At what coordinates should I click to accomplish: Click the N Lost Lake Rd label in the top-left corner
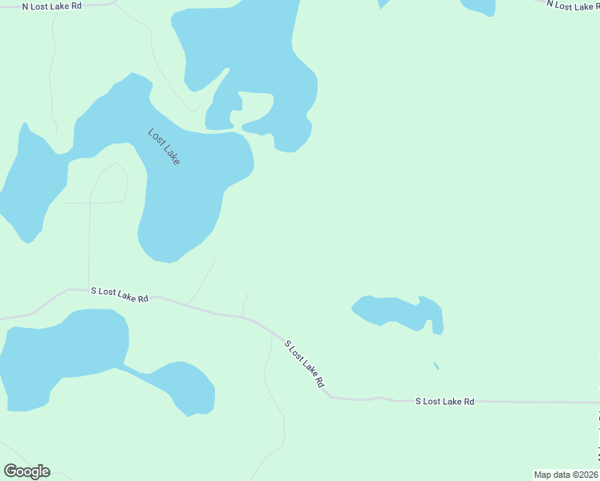pyautogui.click(x=51, y=6)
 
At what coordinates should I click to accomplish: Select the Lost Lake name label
pyautogui.click(x=164, y=147)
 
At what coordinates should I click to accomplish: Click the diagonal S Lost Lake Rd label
pyautogui.click(x=304, y=364)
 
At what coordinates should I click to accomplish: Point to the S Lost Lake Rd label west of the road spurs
pyautogui.click(x=120, y=294)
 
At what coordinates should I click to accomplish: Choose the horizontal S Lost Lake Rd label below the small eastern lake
pyautogui.click(x=444, y=401)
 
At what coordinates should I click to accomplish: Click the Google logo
pyautogui.click(x=27, y=471)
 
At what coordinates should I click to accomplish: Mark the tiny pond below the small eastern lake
pyautogui.click(x=436, y=366)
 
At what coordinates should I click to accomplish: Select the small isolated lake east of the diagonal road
pyautogui.click(x=397, y=312)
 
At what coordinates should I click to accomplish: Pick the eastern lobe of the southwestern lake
pyautogui.click(x=189, y=387)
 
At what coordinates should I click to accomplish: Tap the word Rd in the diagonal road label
pyautogui.click(x=318, y=382)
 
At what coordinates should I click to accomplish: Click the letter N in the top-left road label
pyautogui.click(x=25, y=6)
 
